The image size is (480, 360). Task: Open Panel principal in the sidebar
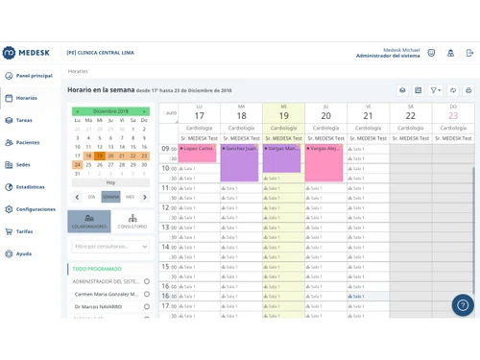point(34,76)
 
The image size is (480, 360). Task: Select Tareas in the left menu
point(24,121)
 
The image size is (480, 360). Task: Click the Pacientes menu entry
point(27,143)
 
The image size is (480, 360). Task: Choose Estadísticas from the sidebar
point(30,187)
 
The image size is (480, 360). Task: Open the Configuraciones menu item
point(35,209)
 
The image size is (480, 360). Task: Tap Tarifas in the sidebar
point(24,231)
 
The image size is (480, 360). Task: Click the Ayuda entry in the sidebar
point(23,254)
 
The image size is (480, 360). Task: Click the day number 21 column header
point(368,115)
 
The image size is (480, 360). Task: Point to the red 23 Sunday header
point(452,115)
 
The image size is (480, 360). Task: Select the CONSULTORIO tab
point(132,222)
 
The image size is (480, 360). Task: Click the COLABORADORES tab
point(89,222)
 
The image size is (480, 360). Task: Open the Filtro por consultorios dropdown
point(110,247)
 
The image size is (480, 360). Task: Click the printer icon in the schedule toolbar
point(468,90)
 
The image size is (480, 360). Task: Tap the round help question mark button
point(463,305)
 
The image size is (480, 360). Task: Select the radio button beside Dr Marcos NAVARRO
point(147,307)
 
